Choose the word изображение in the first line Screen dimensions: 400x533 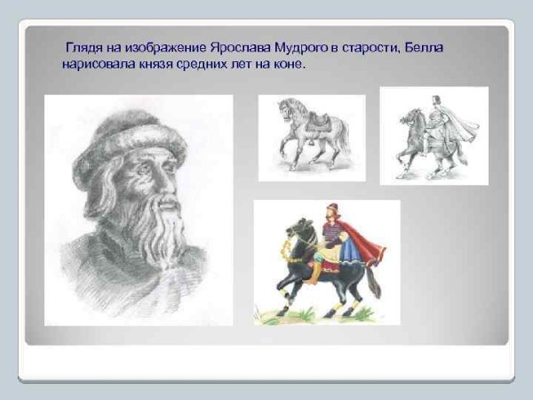pos(168,46)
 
